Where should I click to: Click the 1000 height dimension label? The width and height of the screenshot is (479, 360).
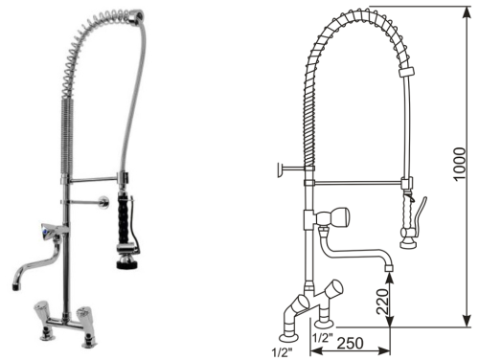459,164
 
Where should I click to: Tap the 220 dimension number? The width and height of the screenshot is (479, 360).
382,302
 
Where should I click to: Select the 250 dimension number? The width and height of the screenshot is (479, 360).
351,344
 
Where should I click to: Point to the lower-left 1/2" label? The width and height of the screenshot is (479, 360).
283,352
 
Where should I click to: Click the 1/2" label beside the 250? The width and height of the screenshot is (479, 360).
323,337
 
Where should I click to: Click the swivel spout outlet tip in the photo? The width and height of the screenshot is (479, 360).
16,286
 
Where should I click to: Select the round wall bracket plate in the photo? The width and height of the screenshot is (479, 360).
103,202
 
